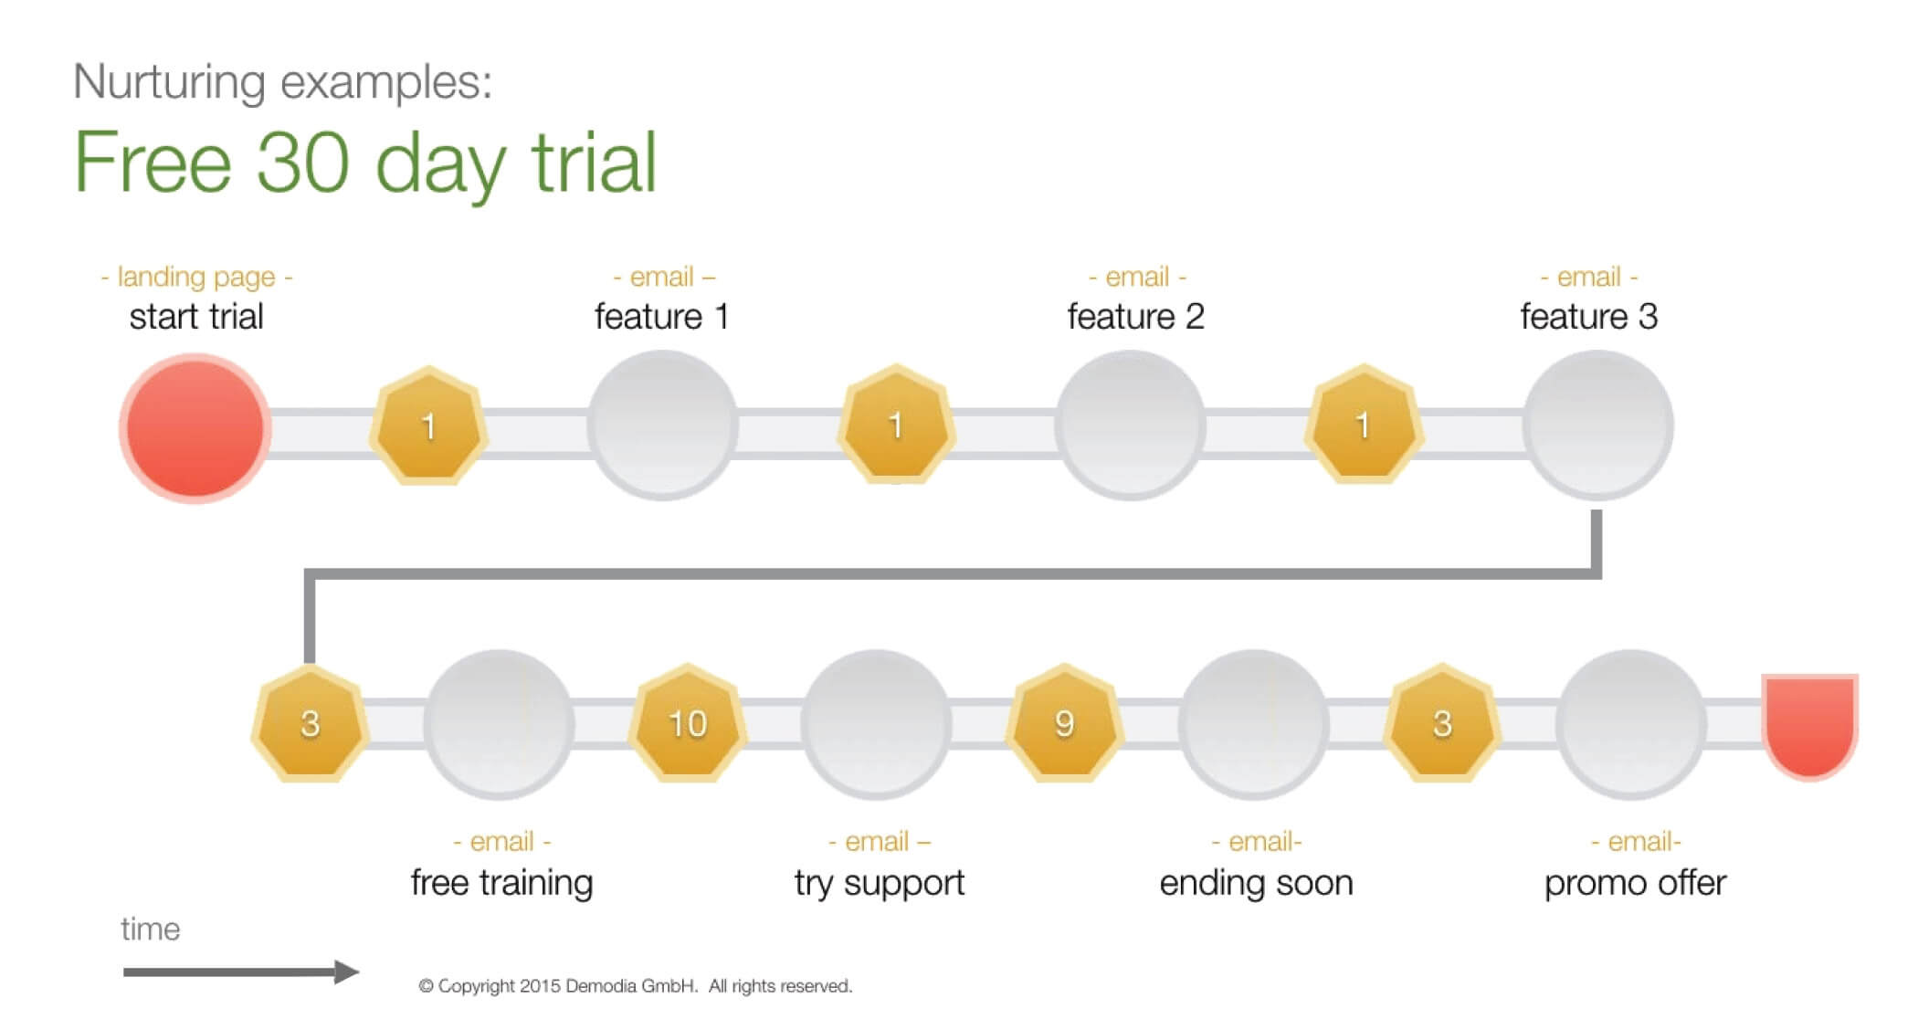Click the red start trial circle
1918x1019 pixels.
click(195, 428)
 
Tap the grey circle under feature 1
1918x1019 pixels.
click(662, 425)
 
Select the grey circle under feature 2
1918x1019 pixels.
click(1131, 425)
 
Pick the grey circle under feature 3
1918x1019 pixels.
click(1597, 425)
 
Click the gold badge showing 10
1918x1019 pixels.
click(688, 723)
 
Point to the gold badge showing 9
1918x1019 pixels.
click(1064, 723)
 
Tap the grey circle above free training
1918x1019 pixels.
click(499, 724)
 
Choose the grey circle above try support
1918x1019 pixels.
click(877, 724)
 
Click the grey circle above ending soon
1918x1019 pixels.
click(1254, 724)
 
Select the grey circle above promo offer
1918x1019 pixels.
click(1631, 724)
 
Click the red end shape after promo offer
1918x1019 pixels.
click(1810, 727)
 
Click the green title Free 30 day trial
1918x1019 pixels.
click(365, 163)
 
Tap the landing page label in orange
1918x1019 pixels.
click(196, 277)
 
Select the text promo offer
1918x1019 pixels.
click(1635, 883)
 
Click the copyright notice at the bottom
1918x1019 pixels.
click(636, 986)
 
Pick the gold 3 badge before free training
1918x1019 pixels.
click(311, 723)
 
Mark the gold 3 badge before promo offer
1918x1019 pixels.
click(1442, 723)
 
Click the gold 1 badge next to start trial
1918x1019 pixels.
click(428, 425)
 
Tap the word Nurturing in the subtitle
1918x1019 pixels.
click(170, 81)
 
